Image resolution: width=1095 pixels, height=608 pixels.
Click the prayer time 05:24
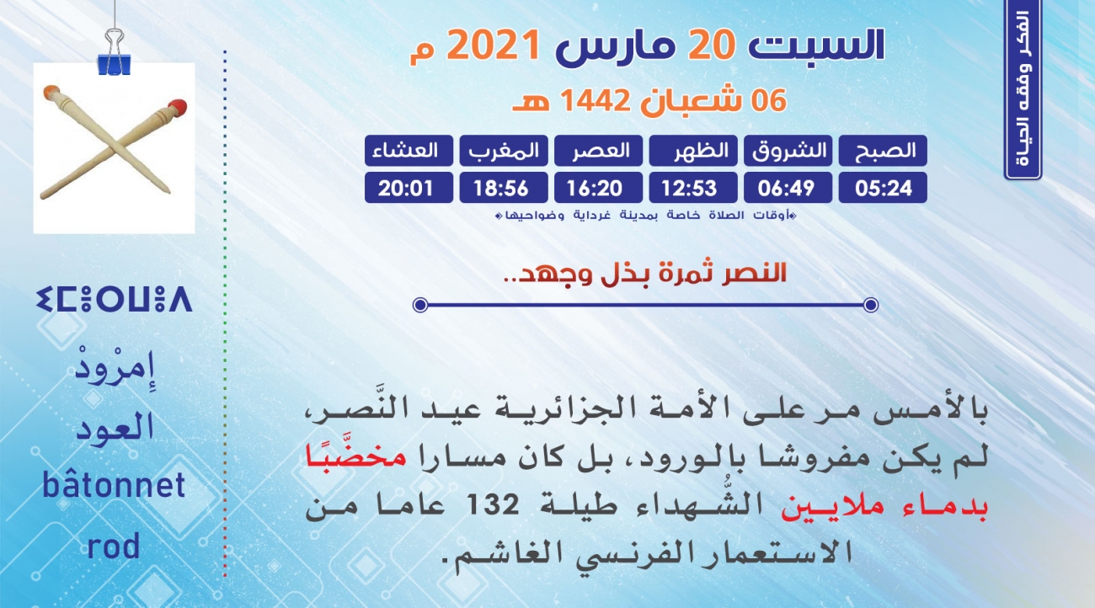coord(883,188)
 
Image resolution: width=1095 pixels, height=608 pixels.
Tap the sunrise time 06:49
coord(788,188)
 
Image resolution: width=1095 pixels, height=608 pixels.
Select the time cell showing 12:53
coord(693,188)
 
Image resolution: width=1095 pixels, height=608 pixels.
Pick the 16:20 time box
coord(598,188)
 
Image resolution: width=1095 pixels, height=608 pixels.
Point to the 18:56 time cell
coord(504,188)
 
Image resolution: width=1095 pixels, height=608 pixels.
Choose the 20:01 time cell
coord(409,188)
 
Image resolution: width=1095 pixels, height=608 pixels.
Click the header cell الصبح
coord(883,151)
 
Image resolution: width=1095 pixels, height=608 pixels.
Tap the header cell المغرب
coord(504,151)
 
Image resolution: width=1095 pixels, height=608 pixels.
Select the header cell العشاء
coord(409,151)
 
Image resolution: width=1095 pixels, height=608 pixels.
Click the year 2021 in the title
coord(494,45)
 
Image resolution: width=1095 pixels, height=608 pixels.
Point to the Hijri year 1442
coord(594,101)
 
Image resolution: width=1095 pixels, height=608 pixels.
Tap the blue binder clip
coord(114,54)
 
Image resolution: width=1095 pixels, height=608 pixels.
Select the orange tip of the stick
coord(51,91)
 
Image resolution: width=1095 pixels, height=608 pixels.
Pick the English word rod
coord(114,546)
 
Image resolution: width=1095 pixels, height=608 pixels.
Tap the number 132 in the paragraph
coord(493,504)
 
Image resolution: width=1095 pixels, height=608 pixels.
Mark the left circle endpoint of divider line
coord(420,305)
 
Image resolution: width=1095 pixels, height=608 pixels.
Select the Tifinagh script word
coord(114,299)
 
